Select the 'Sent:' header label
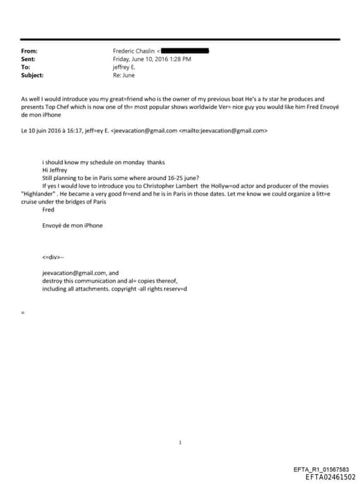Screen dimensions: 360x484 pos(29,59)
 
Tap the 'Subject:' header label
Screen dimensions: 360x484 pos(32,75)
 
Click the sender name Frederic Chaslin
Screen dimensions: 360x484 pos(134,51)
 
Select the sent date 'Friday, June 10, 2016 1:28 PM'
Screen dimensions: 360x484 pos(152,59)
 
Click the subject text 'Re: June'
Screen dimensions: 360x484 pos(124,75)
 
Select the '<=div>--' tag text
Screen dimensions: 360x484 pos(53,257)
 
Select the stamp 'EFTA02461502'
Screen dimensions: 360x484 pos(330,477)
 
